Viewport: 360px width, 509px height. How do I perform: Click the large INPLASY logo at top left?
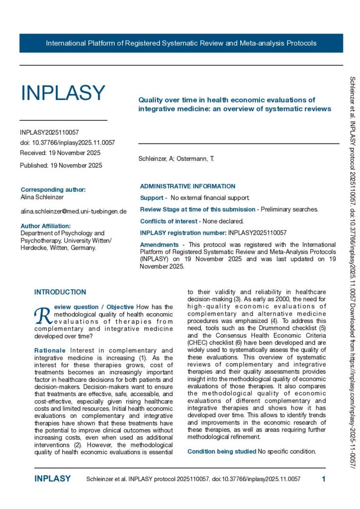[x=63, y=93]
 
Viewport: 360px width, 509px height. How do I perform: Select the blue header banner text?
[x=181, y=43]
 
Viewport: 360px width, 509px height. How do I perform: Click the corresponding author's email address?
[x=73, y=211]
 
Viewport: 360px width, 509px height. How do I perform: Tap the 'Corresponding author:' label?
[x=53, y=189]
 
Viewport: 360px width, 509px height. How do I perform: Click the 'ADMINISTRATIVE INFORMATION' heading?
[x=187, y=186]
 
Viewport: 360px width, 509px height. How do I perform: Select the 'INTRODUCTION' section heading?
[x=60, y=292]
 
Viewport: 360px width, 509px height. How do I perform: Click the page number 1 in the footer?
[x=323, y=479]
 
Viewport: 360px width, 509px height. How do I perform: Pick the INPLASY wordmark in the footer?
[x=52, y=479]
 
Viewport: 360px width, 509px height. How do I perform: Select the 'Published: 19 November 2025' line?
[x=61, y=166]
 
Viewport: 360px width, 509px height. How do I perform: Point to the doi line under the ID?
[x=67, y=143]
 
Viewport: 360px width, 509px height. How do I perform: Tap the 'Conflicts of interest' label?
[x=170, y=221]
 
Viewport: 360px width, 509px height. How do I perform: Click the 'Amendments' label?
[x=159, y=245]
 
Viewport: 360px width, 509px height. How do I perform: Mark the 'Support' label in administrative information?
[x=152, y=198]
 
